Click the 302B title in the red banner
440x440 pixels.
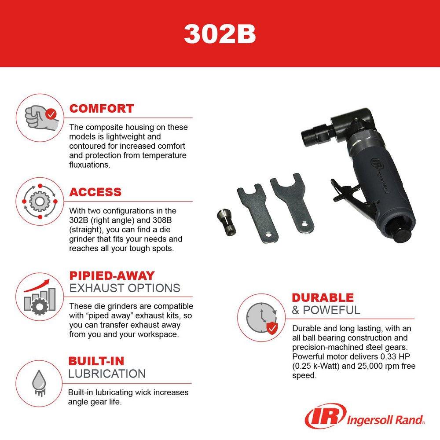click(x=220, y=34)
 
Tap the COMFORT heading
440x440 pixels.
click(x=102, y=109)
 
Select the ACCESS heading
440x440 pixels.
click(x=95, y=192)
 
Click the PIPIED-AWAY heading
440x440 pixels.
click(x=112, y=276)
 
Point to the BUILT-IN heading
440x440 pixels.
click(x=96, y=361)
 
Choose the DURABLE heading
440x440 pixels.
click(x=323, y=298)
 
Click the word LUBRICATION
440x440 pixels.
click(x=107, y=374)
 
